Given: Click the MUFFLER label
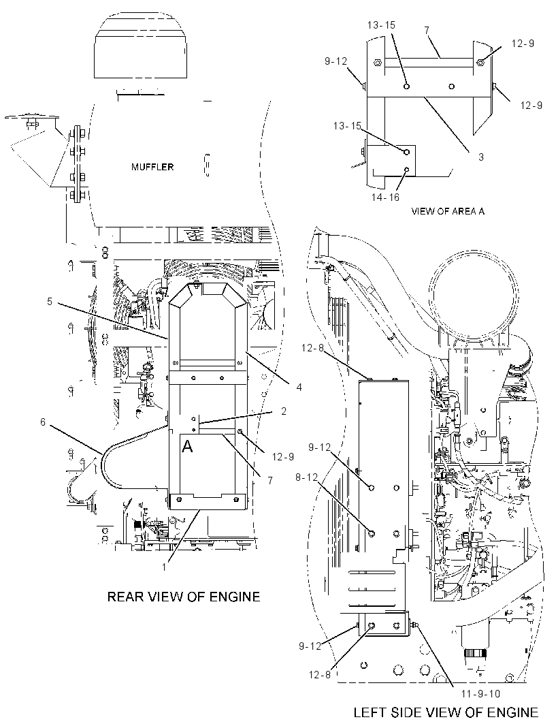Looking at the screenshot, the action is click(x=152, y=167).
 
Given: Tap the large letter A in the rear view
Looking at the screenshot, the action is click(x=187, y=446).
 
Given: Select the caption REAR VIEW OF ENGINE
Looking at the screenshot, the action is click(x=184, y=597).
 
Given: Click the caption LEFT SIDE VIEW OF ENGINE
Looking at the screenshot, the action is click(x=446, y=712).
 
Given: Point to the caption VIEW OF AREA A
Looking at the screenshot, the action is click(x=448, y=211).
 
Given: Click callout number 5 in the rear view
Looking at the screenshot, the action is click(x=50, y=302).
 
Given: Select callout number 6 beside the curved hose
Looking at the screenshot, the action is click(x=43, y=422).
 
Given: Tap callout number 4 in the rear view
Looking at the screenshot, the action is click(x=299, y=387).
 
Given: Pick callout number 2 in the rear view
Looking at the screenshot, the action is click(x=283, y=411).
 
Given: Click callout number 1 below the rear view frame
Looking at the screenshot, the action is click(x=164, y=566).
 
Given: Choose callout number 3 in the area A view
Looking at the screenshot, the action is click(x=480, y=157).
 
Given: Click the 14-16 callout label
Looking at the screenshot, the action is click(x=385, y=198).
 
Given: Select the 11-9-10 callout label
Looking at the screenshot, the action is click(x=480, y=693).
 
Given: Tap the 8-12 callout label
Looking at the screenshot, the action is click(x=307, y=477).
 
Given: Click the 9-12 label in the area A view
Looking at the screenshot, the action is click(x=335, y=61).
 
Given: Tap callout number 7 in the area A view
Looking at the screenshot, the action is click(x=427, y=31).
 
